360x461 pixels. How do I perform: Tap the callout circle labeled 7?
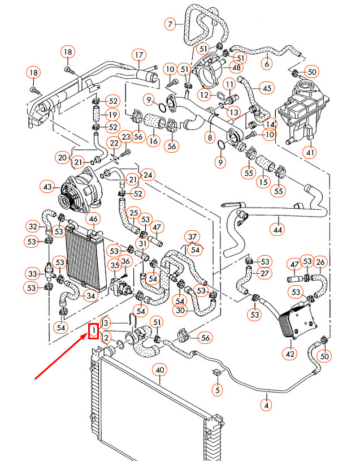coord(170,24)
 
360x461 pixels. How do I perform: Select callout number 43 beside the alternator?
coord(47,186)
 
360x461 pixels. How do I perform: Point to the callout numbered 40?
coord(160,370)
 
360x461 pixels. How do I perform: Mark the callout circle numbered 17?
coord(139,55)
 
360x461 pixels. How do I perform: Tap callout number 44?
coord(277,229)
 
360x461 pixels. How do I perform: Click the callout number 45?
coord(267,88)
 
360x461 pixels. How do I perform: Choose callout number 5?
coord(217,389)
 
